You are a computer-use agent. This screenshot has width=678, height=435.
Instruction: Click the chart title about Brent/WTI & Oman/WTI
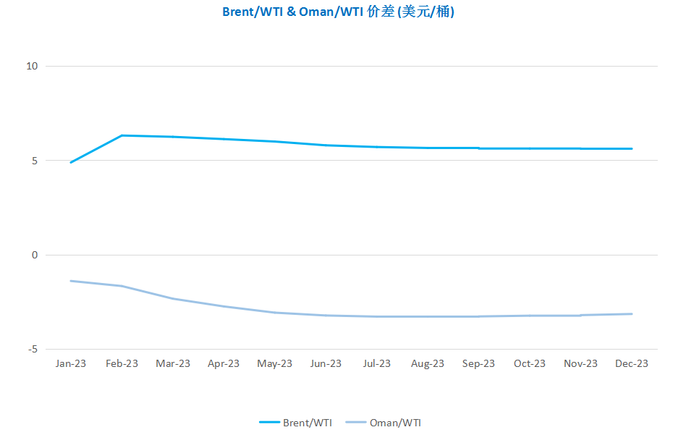[x=338, y=12]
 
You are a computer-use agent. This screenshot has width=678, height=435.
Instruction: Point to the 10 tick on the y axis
[x=32, y=66]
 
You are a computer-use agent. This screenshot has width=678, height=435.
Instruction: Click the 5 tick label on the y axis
[x=35, y=161]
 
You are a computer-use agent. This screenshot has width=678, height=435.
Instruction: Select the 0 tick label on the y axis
[x=35, y=255]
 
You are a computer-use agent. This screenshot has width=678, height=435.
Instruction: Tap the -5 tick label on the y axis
[x=33, y=350]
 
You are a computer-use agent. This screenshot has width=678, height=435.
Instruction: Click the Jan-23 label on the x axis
[x=70, y=363]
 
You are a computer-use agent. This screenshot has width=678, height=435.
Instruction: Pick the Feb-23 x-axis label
[x=122, y=363]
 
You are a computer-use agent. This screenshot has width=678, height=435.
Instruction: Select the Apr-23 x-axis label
[x=224, y=363]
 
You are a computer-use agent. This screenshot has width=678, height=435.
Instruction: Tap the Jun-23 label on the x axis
[x=326, y=363]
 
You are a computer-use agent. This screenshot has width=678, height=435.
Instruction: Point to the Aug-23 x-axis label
[x=428, y=363]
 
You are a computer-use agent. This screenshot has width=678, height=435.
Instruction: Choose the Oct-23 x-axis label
[x=530, y=363]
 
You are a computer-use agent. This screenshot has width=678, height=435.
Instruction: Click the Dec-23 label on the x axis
[x=632, y=363]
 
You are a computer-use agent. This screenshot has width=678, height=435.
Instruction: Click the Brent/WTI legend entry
[x=296, y=423]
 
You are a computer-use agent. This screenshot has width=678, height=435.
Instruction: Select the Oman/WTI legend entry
[x=384, y=423]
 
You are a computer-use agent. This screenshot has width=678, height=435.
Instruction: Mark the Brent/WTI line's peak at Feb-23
[x=122, y=135]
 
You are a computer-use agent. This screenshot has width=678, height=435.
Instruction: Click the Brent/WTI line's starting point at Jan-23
[x=71, y=163]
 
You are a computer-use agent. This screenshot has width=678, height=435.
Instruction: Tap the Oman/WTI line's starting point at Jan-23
[x=71, y=281]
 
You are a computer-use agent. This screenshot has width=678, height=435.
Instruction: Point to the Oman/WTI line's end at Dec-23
[x=632, y=314]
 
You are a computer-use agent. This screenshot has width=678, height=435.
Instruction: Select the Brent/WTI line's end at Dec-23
[x=632, y=149]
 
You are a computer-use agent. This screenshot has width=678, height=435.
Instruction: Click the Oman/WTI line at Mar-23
[x=173, y=299]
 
